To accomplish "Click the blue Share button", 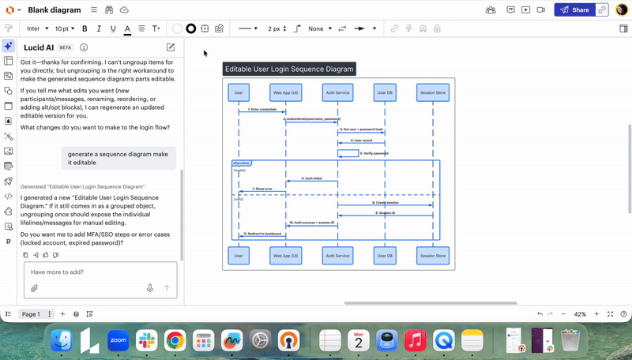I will click(575, 10).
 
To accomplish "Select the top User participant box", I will click(239, 92).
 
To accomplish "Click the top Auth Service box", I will click(337, 92).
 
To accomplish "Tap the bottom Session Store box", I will click(433, 256).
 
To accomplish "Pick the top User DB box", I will click(385, 92).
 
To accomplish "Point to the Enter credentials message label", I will click(261, 109).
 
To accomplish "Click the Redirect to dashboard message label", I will click(261, 234).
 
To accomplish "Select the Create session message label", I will click(385, 203).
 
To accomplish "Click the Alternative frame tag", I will click(241, 163).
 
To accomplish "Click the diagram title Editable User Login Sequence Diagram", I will click(289, 69).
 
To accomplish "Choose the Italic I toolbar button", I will click(99, 28).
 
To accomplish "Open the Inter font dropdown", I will click(36, 28).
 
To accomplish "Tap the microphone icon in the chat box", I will click(150, 289).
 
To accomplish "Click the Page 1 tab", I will click(31, 314).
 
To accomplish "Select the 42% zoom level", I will click(580, 314).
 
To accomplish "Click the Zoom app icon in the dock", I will click(118, 340).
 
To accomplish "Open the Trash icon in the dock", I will click(570, 340).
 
